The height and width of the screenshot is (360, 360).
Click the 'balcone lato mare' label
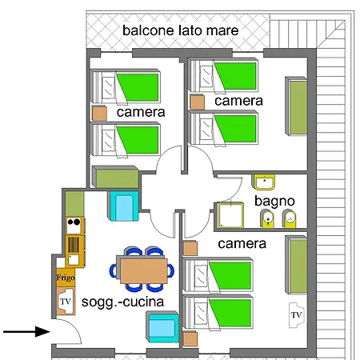pyautogui.click(x=180, y=30)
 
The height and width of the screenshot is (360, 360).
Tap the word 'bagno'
pyautogui.click(x=274, y=202)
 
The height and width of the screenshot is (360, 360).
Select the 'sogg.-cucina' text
pyautogui.click(x=122, y=302)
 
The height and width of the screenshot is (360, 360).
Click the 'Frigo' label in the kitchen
pyautogui.click(x=66, y=278)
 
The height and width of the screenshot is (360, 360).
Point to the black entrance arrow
pyautogui.click(x=26, y=332)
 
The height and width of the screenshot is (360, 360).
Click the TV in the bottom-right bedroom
pyautogui.click(x=296, y=315)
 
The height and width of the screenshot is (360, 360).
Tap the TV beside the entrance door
pyautogui.click(x=66, y=302)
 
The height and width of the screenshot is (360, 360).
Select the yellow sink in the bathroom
pyautogui.click(x=263, y=182)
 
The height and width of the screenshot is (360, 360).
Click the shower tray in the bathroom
pyautogui.click(x=230, y=215)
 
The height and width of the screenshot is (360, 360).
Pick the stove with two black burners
pyautogui.click(x=74, y=226)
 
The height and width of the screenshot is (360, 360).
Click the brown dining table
pyautogui.click(x=143, y=270)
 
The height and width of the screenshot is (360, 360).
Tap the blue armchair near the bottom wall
pyautogui.click(x=162, y=327)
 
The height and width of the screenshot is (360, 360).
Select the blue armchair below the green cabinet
pyautogui.click(x=123, y=206)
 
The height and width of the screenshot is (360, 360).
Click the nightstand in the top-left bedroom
pyautogui.click(x=99, y=114)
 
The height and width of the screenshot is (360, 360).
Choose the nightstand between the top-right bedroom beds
pyautogui.click(x=198, y=102)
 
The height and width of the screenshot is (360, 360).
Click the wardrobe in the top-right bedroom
pyautogui.click(x=296, y=106)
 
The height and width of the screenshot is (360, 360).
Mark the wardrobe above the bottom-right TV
pyautogui.click(x=296, y=265)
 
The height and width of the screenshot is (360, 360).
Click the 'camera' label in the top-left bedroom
pyautogui.click(x=141, y=112)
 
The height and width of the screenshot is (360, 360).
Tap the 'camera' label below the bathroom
pyautogui.click(x=242, y=244)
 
